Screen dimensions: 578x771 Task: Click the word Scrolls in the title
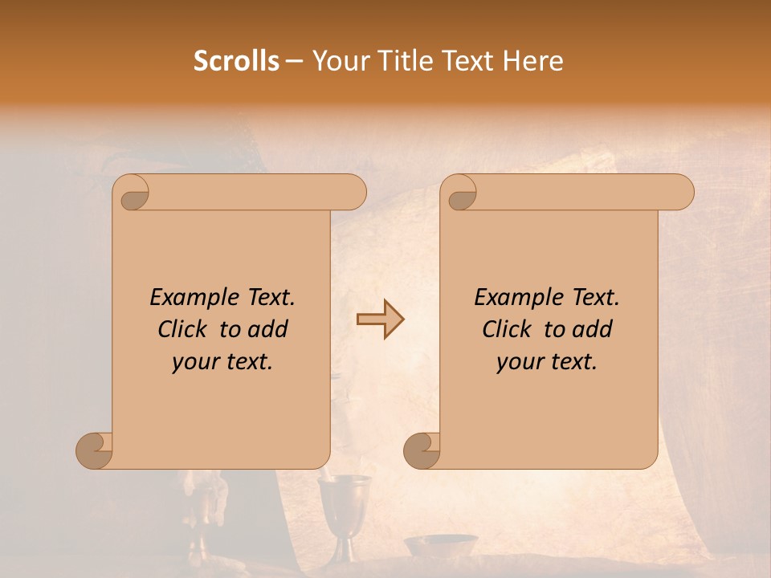[236, 61]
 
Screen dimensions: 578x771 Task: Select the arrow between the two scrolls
[380, 320]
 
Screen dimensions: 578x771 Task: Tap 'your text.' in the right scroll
[547, 362]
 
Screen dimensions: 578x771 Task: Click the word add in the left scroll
[267, 329]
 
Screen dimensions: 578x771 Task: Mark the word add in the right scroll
[592, 329]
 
